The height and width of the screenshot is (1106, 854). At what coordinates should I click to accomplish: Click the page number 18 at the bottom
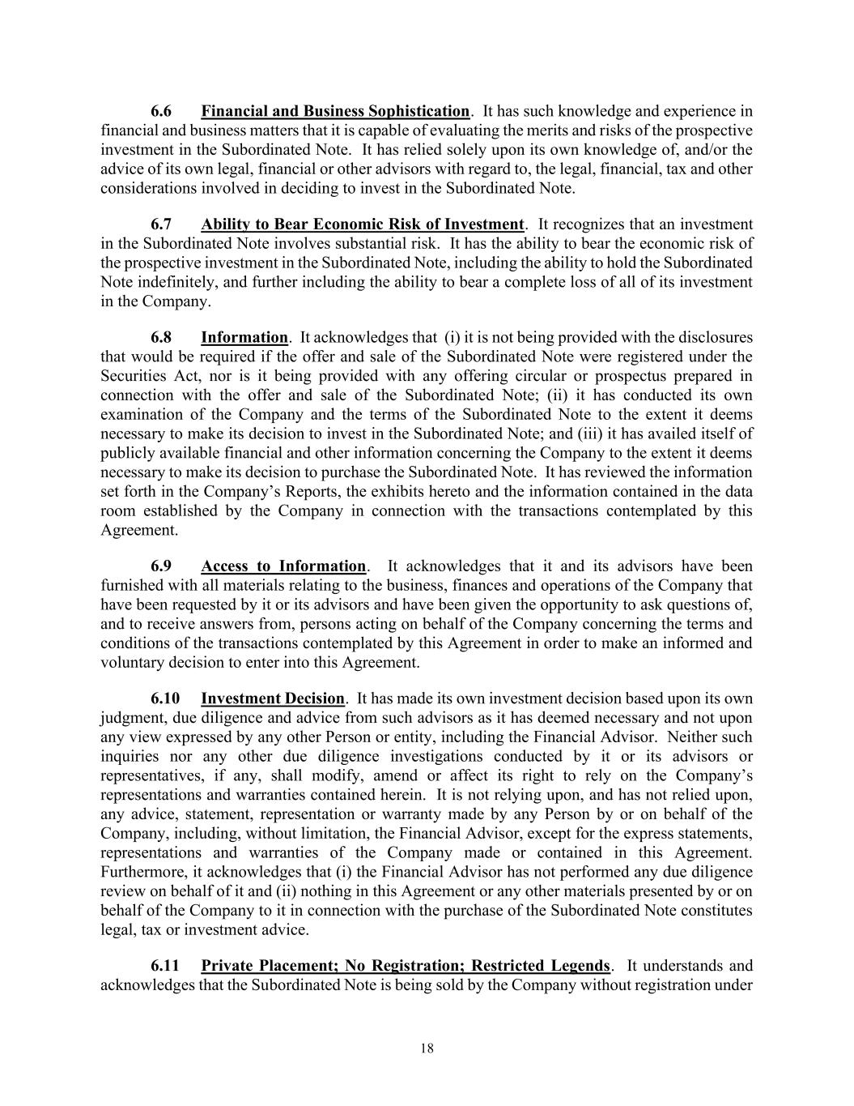[427, 1048]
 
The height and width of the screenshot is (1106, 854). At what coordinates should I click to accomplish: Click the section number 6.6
[161, 111]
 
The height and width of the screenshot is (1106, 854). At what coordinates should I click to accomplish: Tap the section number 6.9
[161, 566]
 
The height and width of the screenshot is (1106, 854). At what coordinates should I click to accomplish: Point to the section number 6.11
[164, 966]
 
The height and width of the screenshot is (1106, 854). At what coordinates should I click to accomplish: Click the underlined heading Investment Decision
[273, 698]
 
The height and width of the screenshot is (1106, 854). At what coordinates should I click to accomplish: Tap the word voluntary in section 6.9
[132, 663]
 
